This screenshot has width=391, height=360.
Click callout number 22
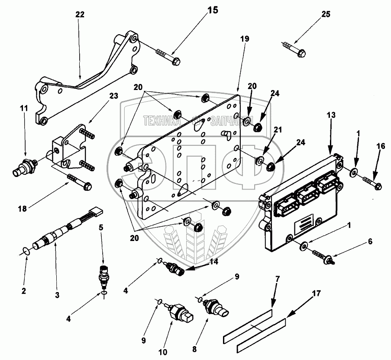coord(79,14)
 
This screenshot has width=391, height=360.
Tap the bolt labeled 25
coord(294,49)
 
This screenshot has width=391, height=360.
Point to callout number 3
coord(57,296)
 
